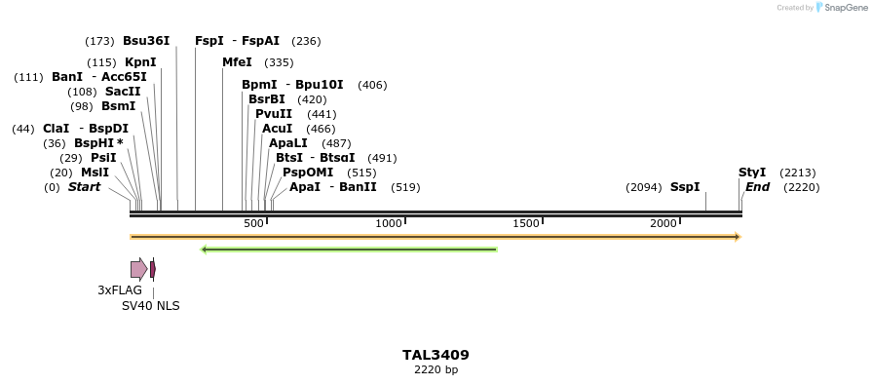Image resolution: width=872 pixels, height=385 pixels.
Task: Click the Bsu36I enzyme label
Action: click(x=146, y=41)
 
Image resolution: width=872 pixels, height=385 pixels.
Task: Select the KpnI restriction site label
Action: click(x=140, y=62)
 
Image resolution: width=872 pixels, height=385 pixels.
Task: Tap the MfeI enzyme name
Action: click(x=237, y=62)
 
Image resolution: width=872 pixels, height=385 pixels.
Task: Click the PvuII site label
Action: click(x=274, y=114)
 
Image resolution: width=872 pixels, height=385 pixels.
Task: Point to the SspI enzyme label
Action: click(x=685, y=187)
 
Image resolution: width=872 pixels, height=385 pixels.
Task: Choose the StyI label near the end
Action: click(x=752, y=173)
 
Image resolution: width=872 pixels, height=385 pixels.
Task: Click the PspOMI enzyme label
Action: click(x=308, y=173)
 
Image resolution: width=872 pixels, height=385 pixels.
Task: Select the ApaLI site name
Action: click(x=289, y=143)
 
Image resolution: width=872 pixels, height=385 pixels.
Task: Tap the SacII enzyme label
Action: click(x=123, y=92)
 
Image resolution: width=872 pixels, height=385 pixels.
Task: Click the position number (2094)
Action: click(x=643, y=187)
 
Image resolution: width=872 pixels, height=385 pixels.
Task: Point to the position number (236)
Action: click(x=306, y=41)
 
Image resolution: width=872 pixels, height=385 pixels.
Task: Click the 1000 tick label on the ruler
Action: click(x=389, y=223)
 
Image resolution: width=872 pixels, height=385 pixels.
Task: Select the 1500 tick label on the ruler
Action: click(x=526, y=223)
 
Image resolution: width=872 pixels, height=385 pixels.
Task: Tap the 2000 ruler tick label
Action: click(x=663, y=223)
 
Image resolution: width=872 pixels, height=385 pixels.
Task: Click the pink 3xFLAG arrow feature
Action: click(x=138, y=269)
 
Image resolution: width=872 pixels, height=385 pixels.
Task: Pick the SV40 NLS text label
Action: click(x=150, y=305)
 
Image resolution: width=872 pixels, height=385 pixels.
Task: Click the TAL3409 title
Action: click(x=436, y=355)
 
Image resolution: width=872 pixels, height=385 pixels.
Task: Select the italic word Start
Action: click(x=84, y=187)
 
